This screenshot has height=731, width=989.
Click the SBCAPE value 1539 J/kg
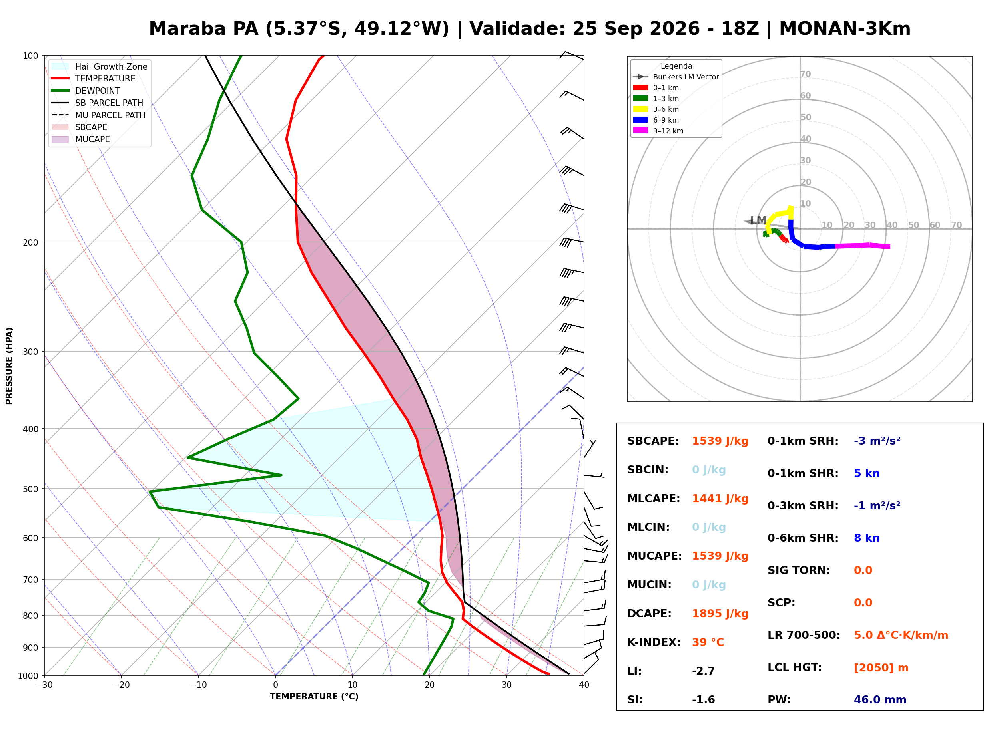[720, 441]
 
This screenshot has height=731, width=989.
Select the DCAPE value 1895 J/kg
[720, 614]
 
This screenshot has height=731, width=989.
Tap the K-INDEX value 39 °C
[708, 642]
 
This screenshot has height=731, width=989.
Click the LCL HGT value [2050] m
[881, 668]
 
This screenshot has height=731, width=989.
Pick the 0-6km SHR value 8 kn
[866, 538]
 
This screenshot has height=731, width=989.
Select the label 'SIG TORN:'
[799, 570]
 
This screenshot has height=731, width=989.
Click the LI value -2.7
[704, 671]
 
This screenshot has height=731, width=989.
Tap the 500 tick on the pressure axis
[30, 489]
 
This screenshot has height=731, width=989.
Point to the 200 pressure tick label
[30, 242]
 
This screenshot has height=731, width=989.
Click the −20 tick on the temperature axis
[121, 685]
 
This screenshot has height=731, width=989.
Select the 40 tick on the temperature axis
[584, 685]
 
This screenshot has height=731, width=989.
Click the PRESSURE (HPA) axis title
[9, 366]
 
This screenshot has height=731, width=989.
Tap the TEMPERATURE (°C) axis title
[314, 697]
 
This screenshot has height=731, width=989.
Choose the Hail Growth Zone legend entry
[100, 66]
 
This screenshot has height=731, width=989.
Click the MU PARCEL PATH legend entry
[99, 115]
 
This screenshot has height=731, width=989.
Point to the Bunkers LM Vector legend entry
[676, 77]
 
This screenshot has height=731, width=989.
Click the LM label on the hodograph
[758, 220]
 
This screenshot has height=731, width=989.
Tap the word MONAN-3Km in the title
[845, 29]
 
